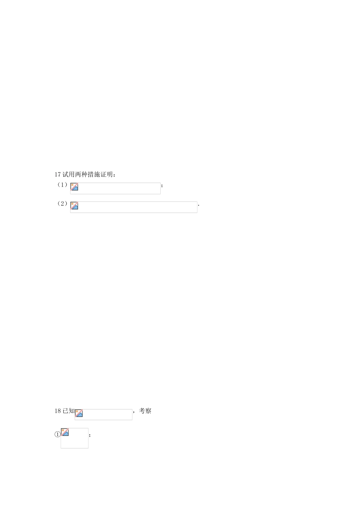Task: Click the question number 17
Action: click(x=58, y=175)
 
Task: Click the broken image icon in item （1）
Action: click(x=74, y=186)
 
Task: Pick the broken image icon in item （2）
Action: click(x=74, y=206)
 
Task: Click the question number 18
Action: click(x=58, y=411)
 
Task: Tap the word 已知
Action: click(x=68, y=411)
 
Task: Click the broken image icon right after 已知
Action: click(x=79, y=413)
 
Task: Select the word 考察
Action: click(x=145, y=411)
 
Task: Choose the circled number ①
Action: click(x=58, y=434)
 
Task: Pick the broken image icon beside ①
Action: click(x=65, y=432)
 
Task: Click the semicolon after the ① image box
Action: click(x=90, y=435)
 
